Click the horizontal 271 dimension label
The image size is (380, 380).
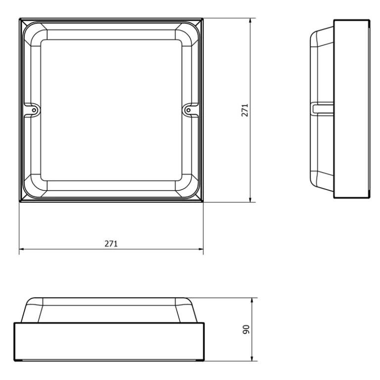tap(111, 244)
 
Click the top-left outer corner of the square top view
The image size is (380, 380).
tap(20, 19)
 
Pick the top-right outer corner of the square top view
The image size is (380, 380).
tap(203, 19)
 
